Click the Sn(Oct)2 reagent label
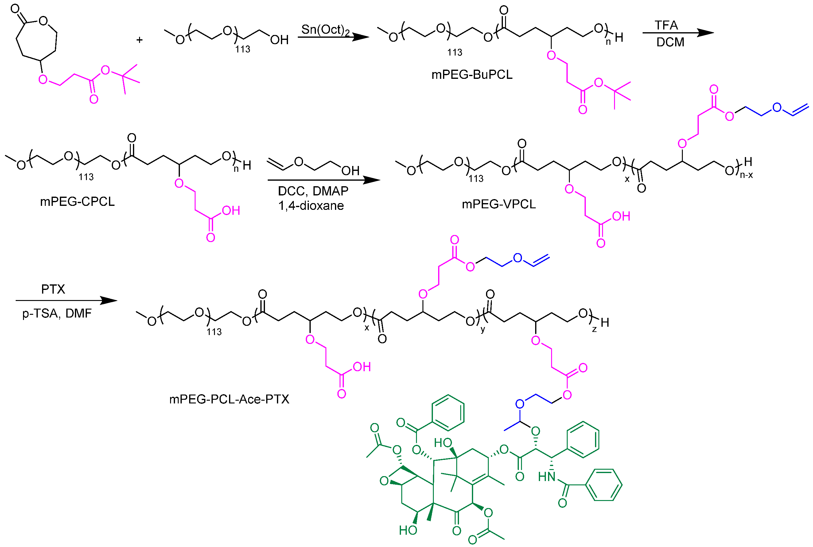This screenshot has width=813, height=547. [325, 30]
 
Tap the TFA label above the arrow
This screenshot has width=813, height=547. [666, 25]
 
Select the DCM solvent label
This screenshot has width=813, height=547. [670, 42]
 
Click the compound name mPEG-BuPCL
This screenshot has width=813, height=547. [472, 75]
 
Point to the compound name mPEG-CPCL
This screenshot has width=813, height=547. [77, 202]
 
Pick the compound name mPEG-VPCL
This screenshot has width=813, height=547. [499, 204]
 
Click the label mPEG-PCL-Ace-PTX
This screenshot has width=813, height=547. [229, 399]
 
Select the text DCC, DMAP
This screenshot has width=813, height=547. [313, 191]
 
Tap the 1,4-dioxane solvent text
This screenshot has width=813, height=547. [311, 206]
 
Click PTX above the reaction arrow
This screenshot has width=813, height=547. [53, 289]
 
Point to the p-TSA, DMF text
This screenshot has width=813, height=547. [57, 313]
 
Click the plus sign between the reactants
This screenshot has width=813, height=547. [139, 40]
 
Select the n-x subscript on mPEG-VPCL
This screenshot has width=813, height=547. [746, 175]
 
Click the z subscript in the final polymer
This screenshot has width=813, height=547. [594, 329]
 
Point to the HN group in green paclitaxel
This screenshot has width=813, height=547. [547, 476]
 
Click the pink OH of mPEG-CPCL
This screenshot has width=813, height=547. [231, 211]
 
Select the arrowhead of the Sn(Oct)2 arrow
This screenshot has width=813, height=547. [361, 37]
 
